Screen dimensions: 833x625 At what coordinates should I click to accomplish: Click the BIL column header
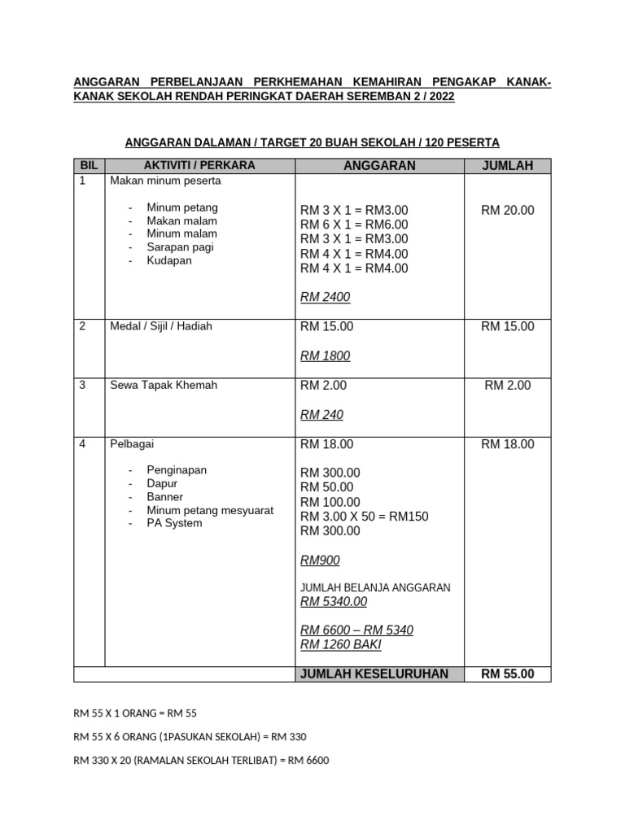pyautogui.click(x=89, y=165)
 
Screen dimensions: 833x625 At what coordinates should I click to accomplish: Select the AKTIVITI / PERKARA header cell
pyautogui.click(x=199, y=165)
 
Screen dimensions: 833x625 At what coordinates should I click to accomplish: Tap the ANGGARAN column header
pyautogui.click(x=379, y=166)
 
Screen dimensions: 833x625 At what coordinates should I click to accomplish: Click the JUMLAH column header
pyautogui.click(x=507, y=166)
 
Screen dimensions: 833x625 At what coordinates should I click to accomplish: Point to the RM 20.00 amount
pyautogui.click(x=507, y=210)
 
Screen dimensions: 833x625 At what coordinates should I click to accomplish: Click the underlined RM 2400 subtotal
pyautogui.click(x=325, y=298)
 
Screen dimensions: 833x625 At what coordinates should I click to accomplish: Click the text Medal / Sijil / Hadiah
pyautogui.click(x=161, y=326)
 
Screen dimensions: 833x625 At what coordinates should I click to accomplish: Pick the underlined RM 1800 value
pyautogui.click(x=325, y=356)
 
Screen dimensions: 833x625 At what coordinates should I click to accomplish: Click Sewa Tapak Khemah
pyautogui.click(x=164, y=385)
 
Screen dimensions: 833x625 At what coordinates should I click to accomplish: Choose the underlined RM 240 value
pyautogui.click(x=321, y=415)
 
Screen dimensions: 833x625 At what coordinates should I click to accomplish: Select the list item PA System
pyautogui.click(x=174, y=523)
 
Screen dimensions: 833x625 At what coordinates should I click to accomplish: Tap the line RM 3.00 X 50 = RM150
pyautogui.click(x=364, y=517)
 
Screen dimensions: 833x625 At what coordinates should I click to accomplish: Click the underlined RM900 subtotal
pyautogui.click(x=320, y=560)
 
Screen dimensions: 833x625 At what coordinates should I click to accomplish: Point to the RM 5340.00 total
pyautogui.click(x=334, y=602)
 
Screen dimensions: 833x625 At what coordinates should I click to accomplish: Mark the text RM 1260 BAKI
pyautogui.click(x=340, y=645)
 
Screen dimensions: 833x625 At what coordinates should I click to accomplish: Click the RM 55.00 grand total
pyautogui.click(x=507, y=674)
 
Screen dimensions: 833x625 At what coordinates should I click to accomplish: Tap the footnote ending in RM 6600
pyautogui.click(x=201, y=761)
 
